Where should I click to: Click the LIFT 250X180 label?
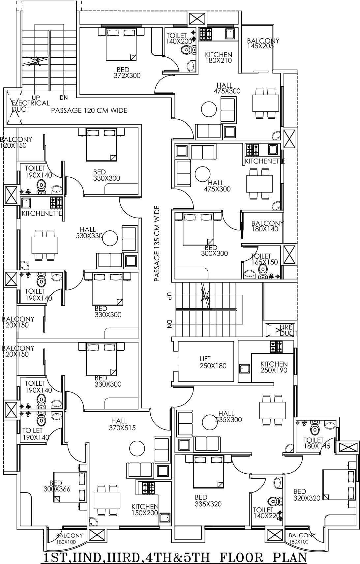tap(213, 362)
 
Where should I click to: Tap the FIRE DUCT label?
tap(286, 330)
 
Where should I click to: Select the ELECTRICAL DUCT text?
tap(30, 106)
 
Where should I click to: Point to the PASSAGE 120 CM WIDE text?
tap(89, 110)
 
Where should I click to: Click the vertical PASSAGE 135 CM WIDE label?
tap(157, 244)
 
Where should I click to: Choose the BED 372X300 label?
tap(127, 73)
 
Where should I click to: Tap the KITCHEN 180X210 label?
tap(219, 57)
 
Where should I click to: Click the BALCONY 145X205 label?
tap(263, 43)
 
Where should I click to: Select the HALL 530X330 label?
tap(89, 233)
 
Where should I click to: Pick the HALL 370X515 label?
tap(122, 424)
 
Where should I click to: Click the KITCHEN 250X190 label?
tap(274, 367)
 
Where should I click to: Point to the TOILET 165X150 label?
tap(264, 259)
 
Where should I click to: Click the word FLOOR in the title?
tap(241, 557)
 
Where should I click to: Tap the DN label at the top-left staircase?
tap(64, 98)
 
